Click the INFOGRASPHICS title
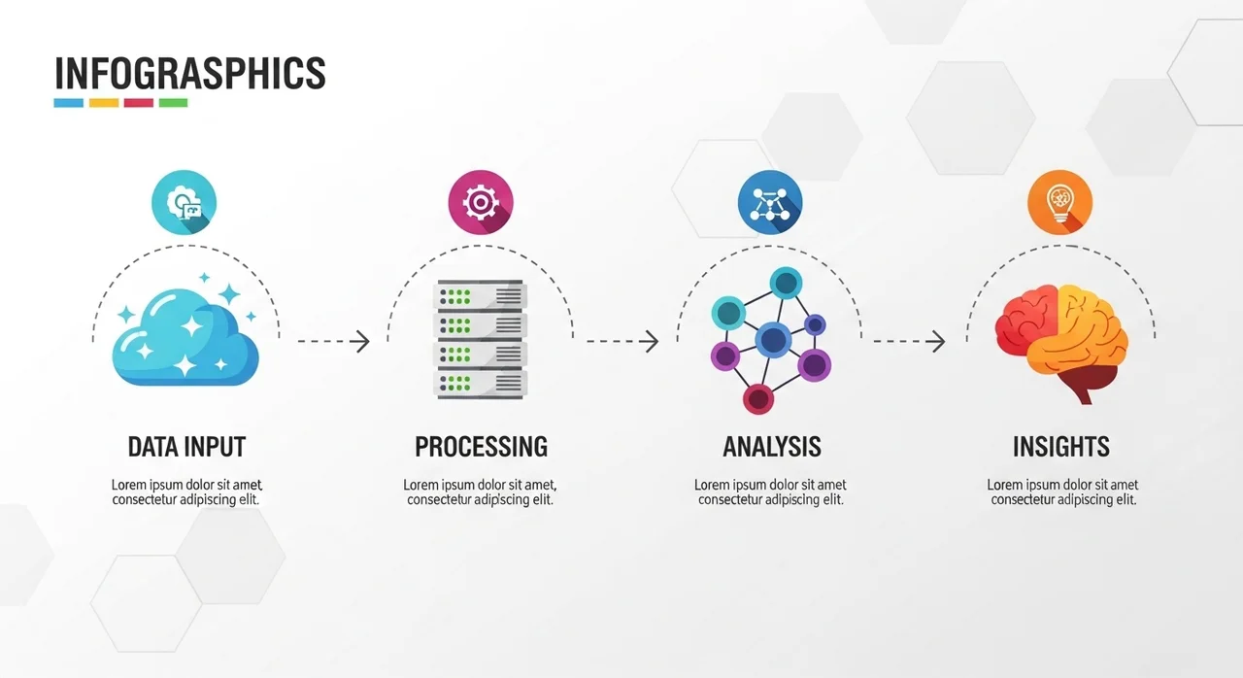[189, 74]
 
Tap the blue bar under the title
[69, 102]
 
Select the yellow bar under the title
[104, 102]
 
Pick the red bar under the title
[139, 102]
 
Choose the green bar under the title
[173, 102]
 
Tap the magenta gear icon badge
[480, 203]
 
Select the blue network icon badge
[770, 203]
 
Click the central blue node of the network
[773, 340]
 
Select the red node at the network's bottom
[757, 397]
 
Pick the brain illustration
[1060, 340]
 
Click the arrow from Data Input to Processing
[333, 341]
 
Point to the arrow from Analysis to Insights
[909, 341]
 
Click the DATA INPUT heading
[186, 447]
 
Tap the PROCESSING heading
[481, 447]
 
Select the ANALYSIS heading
[772, 447]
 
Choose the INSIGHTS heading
[1060, 447]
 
